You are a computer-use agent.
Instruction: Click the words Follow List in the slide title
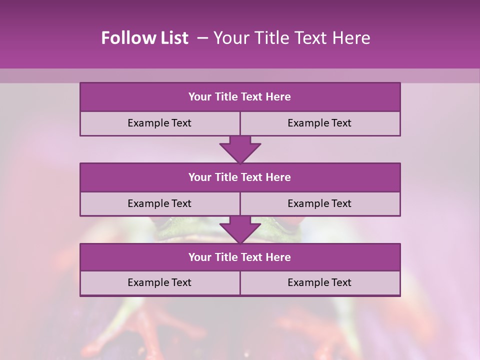(x=145, y=38)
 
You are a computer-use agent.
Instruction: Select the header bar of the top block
(x=240, y=97)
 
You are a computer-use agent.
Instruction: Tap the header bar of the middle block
(x=240, y=177)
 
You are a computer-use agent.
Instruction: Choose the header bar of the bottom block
(x=240, y=257)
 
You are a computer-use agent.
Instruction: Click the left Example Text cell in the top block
(x=159, y=123)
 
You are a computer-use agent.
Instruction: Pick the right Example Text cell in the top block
(x=319, y=123)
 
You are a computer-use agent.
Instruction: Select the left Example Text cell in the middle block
(x=159, y=203)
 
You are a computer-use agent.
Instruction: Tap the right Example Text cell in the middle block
(x=319, y=203)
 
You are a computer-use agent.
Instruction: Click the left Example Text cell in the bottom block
(x=159, y=282)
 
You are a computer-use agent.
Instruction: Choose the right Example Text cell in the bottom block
(x=319, y=282)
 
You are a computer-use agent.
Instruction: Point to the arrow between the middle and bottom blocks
(x=240, y=229)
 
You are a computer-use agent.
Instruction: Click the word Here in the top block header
(x=278, y=97)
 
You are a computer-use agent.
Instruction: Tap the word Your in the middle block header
(x=200, y=177)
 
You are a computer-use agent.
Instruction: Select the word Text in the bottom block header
(x=252, y=257)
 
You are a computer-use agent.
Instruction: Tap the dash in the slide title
(x=202, y=38)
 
